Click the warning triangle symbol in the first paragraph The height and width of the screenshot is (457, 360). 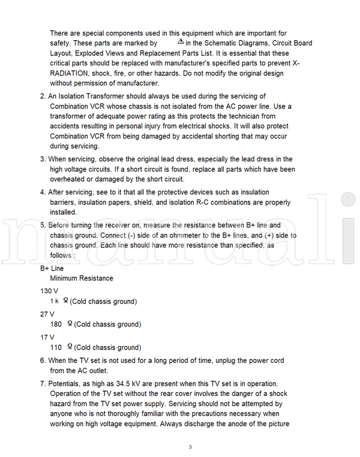point(181,42)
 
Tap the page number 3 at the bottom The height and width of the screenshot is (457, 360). point(190,447)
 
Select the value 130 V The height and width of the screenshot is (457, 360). point(49,291)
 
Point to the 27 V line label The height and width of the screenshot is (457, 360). point(47,314)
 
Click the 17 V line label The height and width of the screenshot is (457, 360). point(47,337)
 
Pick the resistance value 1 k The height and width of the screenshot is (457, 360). point(55,301)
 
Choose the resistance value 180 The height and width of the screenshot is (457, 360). point(56,324)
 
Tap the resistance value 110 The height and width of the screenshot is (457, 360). point(56,347)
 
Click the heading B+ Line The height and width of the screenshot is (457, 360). point(52,268)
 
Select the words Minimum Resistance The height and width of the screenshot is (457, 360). point(82,278)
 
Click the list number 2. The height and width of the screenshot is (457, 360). point(43,96)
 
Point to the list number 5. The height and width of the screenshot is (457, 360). point(43,226)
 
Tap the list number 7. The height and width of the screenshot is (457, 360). point(43,383)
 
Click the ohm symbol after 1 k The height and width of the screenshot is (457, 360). point(65,300)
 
